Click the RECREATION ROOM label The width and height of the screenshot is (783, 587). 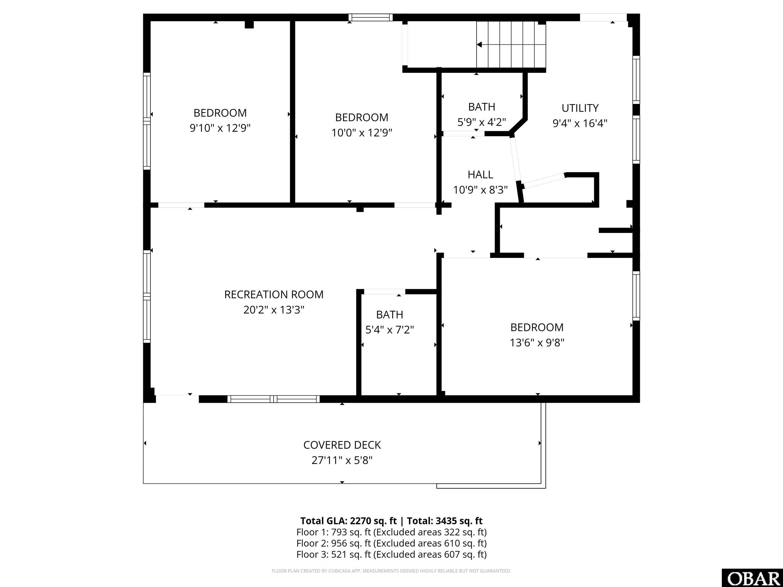(274, 294)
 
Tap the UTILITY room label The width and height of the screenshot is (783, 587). (580, 108)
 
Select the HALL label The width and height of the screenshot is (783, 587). (480, 175)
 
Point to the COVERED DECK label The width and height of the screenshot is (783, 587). (342, 445)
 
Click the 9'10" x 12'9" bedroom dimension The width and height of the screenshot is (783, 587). (220, 128)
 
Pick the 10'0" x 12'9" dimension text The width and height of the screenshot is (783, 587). (362, 133)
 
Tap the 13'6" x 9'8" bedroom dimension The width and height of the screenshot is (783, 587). (537, 342)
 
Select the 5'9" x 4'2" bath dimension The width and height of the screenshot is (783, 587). (482, 122)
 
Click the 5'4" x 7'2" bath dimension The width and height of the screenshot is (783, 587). (390, 330)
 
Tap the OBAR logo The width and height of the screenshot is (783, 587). (752, 578)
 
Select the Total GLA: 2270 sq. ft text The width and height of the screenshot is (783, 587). (348, 521)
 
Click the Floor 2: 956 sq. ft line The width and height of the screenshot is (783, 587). (391, 543)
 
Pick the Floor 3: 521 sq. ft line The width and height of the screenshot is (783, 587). (391, 554)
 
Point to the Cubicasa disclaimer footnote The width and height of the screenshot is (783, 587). (391, 571)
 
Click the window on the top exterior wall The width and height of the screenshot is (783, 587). (371, 17)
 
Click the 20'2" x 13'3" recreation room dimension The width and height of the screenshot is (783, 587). (274, 310)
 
